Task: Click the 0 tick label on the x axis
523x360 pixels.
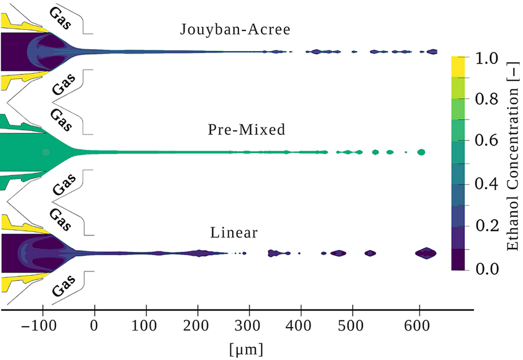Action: click(95, 327)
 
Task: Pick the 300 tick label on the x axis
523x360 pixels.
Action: click(250, 327)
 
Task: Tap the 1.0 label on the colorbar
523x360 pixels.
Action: click(489, 58)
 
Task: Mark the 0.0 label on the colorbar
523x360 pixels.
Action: click(489, 268)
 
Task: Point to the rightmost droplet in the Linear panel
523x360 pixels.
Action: click(426, 253)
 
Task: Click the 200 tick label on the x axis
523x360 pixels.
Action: click(198, 327)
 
